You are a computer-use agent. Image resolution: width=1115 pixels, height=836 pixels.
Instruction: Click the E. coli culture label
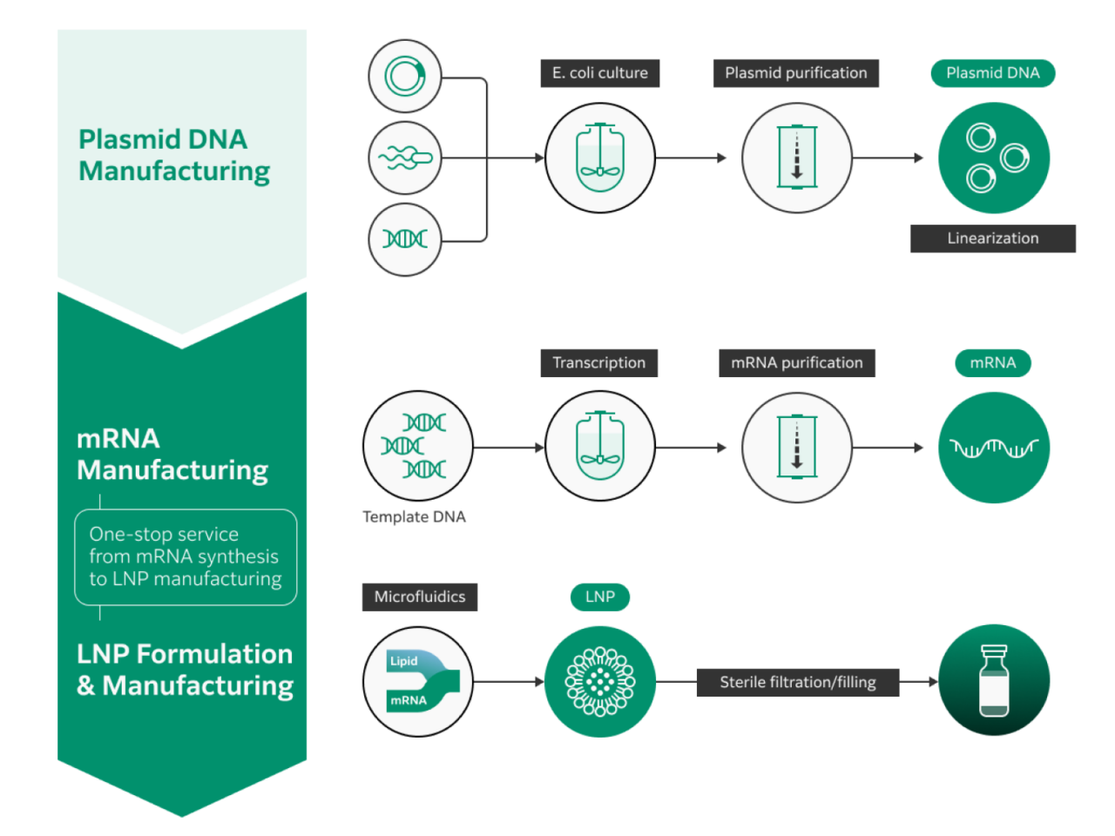tap(600, 73)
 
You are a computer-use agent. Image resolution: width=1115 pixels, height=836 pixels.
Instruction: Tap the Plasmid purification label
tap(796, 73)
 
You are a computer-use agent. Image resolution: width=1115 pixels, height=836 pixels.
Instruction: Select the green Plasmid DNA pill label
tap(993, 73)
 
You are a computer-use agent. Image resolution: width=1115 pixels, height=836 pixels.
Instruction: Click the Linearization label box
tap(993, 239)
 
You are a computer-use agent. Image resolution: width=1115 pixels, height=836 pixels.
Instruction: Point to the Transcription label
tap(599, 363)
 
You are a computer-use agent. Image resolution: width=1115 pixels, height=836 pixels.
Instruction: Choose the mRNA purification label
tap(797, 363)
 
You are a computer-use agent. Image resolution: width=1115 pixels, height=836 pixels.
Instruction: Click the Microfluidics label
tap(420, 597)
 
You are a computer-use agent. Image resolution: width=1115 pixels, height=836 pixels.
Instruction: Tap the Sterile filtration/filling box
tap(798, 683)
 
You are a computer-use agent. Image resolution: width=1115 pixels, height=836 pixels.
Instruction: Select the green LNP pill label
tap(600, 597)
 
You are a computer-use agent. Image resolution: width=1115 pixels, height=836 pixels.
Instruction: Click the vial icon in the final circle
tap(994, 681)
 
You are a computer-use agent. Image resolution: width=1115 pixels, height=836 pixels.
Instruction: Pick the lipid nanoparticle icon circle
tap(600, 681)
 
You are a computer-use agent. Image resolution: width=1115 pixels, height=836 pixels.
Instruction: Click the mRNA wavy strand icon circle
tap(994, 448)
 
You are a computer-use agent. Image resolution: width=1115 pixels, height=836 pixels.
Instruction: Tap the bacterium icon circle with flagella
tap(405, 158)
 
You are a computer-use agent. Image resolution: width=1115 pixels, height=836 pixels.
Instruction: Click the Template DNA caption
tap(415, 517)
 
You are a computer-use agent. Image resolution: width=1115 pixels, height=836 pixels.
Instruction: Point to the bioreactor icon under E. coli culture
tap(600, 158)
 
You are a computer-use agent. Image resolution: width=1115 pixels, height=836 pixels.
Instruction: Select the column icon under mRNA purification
tap(797, 448)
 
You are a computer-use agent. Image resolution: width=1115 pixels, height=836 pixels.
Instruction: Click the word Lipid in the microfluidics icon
tap(404, 661)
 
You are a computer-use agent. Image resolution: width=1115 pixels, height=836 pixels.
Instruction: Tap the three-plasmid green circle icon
tap(994, 158)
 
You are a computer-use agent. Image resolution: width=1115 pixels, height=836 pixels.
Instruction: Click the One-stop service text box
tap(186, 557)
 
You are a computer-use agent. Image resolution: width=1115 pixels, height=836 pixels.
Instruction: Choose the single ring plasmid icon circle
tap(405, 77)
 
